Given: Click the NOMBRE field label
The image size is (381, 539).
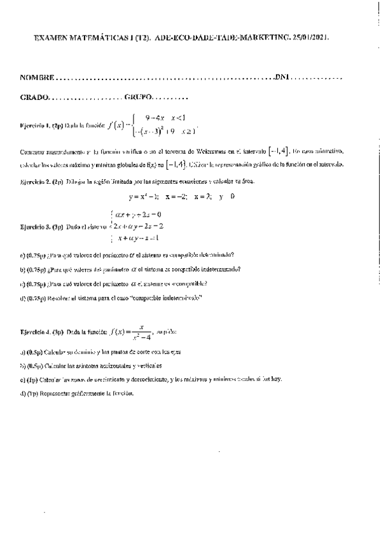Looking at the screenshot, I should (x=38, y=78).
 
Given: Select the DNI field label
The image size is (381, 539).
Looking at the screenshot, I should (x=282, y=78).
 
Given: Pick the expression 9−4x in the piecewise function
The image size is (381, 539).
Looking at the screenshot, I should (x=155, y=118).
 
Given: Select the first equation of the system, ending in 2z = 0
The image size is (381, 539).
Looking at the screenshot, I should (x=137, y=214).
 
